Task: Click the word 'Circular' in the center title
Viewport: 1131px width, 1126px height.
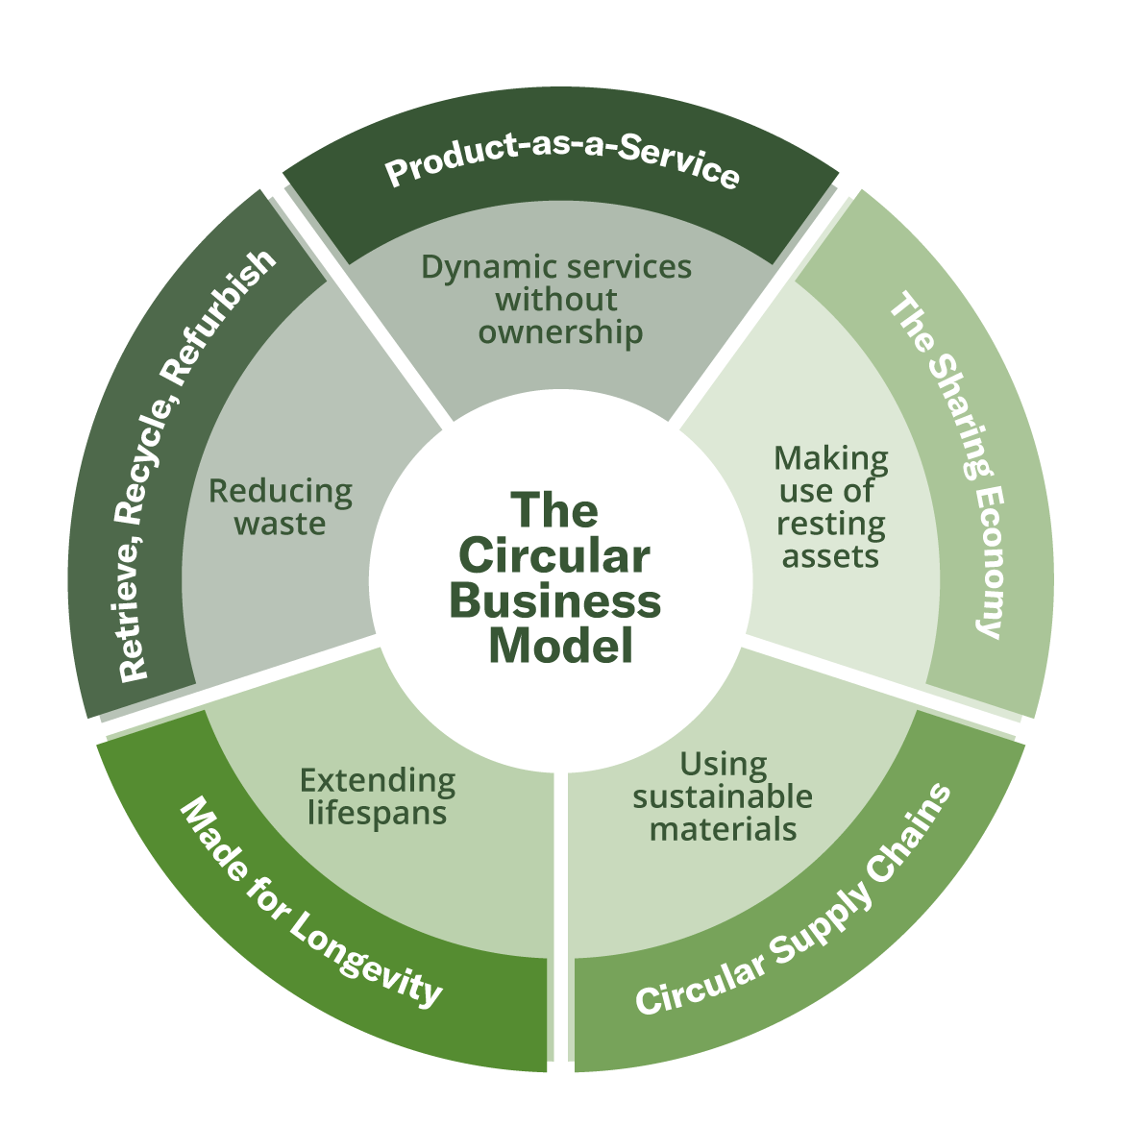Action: (x=554, y=557)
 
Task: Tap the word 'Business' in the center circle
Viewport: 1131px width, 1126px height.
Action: (x=555, y=602)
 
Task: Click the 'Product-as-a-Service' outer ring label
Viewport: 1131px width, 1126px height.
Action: (x=562, y=169)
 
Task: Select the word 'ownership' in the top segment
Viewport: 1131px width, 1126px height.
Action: (x=561, y=332)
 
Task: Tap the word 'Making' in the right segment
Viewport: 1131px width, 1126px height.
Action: (x=831, y=457)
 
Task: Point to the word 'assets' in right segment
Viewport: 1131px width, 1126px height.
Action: (x=830, y=557)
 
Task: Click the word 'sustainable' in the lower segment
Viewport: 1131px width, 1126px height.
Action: (x=723, y=796)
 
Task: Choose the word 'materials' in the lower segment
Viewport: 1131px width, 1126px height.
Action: (x=724, y=829)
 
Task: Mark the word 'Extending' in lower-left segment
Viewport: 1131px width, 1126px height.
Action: (x=378, y=780)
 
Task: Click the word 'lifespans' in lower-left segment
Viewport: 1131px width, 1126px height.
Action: (x=378, y=813)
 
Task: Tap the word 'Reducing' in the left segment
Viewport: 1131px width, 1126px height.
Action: (x=281, y=492)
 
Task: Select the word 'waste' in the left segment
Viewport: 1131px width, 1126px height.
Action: (x=281, y=525)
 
